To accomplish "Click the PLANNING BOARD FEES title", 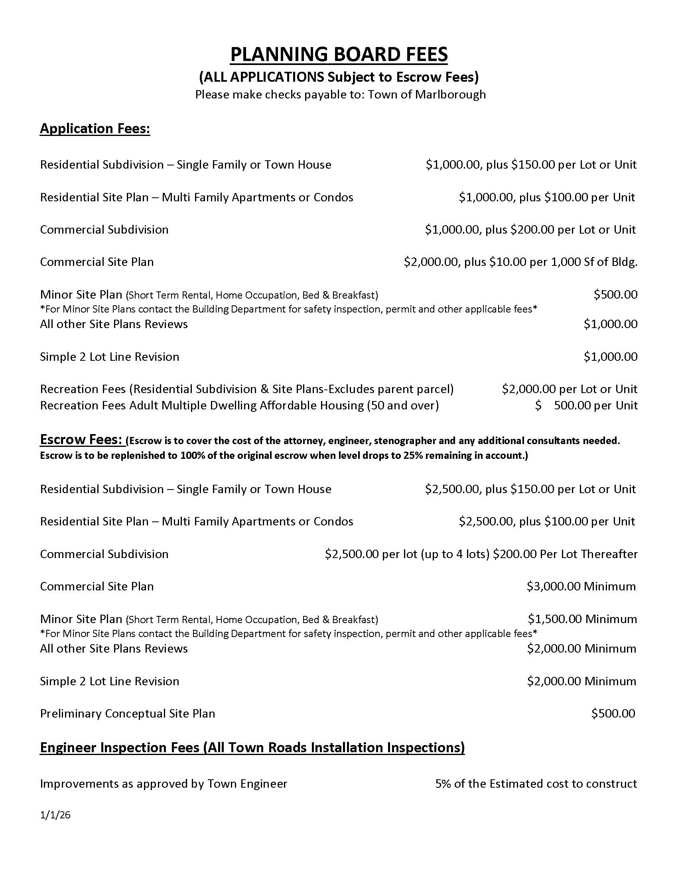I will pyautogui.click(x=339, y=54).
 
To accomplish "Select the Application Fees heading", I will pyautogui.click(x=95, y=128).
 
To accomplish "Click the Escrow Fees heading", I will pyautogui.click(x=81, y=440).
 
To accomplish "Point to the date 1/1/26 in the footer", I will pyautogui.click(x=55, y=815).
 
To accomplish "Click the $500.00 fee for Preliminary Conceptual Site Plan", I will pyautogui.click(x=613, y=713).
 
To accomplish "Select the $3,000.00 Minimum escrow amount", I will pyautogui.click(x=581, y=586).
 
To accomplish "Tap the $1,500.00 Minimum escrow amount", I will pyautogui.click(x=582, y=619).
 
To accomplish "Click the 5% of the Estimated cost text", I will pyautogui.click(x=536, y=784).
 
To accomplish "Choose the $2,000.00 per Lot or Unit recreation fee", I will pyautogui.click(x=569, y=389).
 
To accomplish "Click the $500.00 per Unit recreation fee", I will pyautogui.click(x=586, y=405).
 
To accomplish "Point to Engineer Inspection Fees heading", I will pyautogui.click(x=252, y=747).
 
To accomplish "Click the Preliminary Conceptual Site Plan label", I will pyautogui.click(x=127, y=713).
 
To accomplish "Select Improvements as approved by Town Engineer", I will pyautogui.click(x=164, y=784).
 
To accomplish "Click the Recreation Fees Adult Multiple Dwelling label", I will pyautogui.click(x=239, y=405).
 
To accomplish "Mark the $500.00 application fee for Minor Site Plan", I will pyautogui.click(x=615, y=294).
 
